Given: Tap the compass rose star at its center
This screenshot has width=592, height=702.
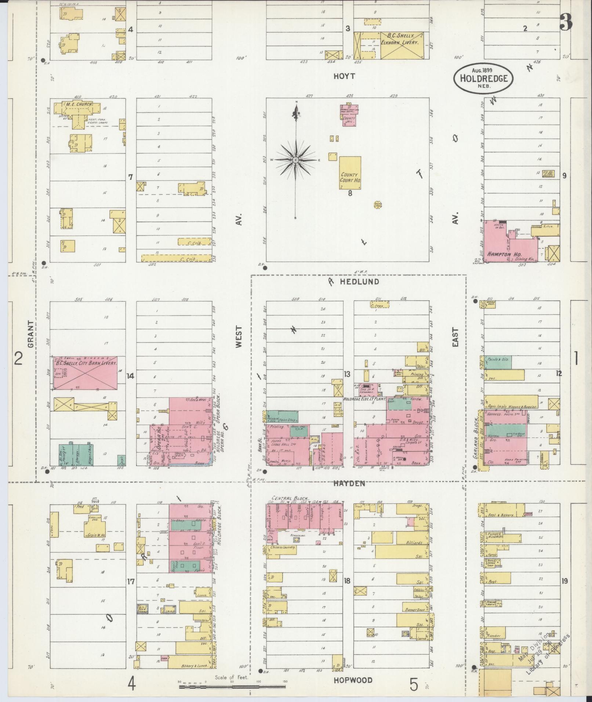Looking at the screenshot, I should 295,160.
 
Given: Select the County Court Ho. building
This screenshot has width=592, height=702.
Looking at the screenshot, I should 350,173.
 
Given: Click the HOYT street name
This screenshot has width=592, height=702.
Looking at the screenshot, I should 344,76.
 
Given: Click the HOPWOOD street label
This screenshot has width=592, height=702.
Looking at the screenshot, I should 353,680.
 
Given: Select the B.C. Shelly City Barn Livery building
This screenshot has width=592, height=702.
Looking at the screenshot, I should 86,372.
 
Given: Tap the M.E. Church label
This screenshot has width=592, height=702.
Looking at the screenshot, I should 81,105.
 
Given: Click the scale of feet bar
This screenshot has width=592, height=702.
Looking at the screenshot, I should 232,686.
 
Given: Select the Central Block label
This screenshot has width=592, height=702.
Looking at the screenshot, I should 290,499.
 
